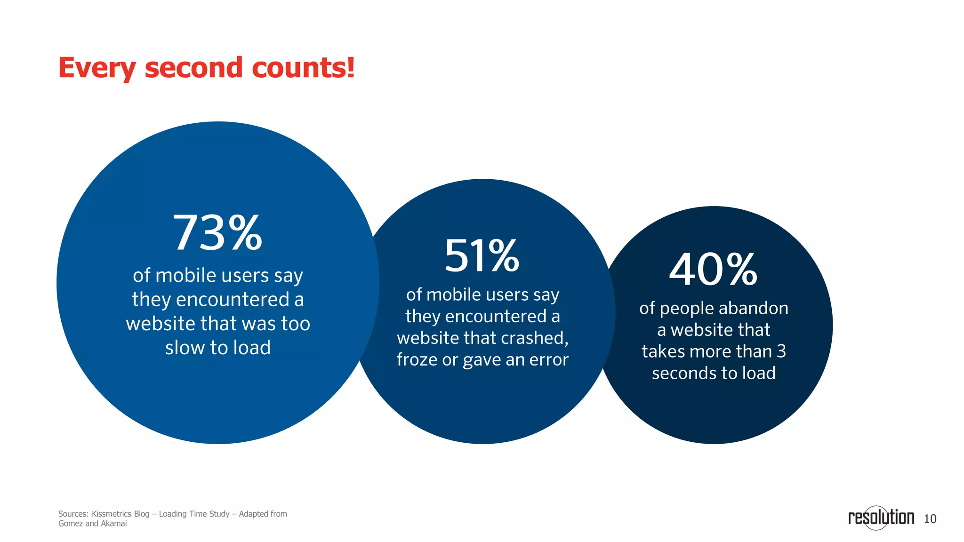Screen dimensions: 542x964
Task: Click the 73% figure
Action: pyautogui.click(x=217, y=233)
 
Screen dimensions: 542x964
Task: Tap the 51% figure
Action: pyautogui.click(x=482, y=256)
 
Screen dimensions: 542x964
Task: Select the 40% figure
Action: pyautogui.click(x=713, y=270)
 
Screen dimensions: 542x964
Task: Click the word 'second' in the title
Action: pyautogui.click(x=194, y=68)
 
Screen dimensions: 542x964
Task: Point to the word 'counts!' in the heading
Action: pyautogui.click(x=303, y=68)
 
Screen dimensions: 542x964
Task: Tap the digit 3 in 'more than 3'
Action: pyautogui.click(x=781, y=351)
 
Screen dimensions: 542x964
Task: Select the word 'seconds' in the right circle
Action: pyautogui.click(x=684, y=373)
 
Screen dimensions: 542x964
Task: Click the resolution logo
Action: pyautogui.click(x=881, y=518)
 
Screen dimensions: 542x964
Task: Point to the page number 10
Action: pyautogui.click(x=930, y=519)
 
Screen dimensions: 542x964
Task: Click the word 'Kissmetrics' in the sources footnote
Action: pyautogui.click(x=111, y=514)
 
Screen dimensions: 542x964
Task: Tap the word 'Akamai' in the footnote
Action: pyautogui.click(x=113, y=524)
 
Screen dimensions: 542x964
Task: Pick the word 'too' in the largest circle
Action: pyautogui.click(x=296, y=324)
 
